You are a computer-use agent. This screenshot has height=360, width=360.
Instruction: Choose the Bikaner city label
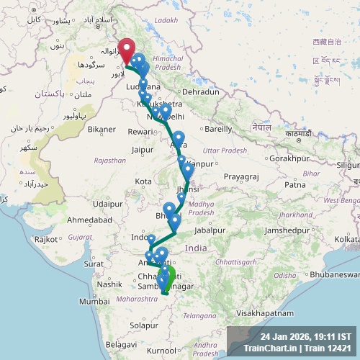tap(102, 130)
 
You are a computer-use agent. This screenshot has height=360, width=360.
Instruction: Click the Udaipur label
tap(107, 204)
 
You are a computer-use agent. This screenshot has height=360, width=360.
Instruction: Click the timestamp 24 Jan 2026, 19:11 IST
tap(306, 336)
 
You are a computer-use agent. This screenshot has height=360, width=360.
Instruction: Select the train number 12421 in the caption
tap(338, 348)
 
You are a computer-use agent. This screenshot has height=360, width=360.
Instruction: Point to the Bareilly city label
tap(218, 130)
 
